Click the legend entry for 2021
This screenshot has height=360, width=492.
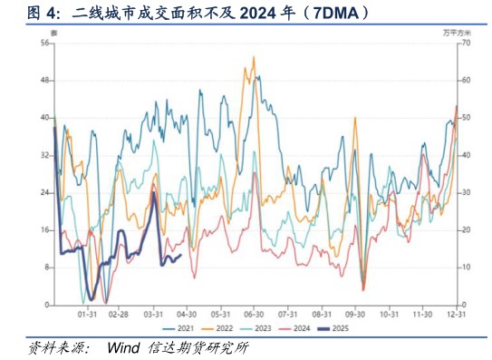coord(182,327)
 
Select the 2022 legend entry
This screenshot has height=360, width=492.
coord(221,327)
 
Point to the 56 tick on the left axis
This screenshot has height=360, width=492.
coord(44,43)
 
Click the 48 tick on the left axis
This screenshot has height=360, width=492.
coord(44,80)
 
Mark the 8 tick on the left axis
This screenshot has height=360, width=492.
coord(46,268)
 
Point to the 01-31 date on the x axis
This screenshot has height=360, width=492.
coord(88,314)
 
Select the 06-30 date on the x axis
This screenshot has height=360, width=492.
coord(254,314)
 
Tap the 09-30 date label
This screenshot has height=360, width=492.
coord(356,314)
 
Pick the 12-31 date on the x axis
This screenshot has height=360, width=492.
coord(457,314)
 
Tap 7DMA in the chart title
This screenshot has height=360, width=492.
coord(334,13)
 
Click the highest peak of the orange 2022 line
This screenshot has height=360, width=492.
coord(253,57)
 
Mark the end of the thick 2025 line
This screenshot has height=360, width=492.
coord(181,255)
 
